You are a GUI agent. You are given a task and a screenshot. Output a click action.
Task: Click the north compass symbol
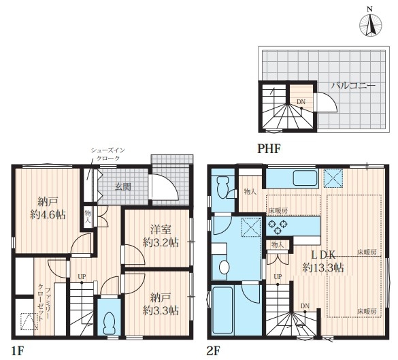pyautogui.click(x=370, y=25)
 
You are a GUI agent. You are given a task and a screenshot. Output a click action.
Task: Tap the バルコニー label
pyautogui.click(x=353, y=85)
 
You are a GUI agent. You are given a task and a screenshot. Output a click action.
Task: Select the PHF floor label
pyautogui.click(x=269, y=149)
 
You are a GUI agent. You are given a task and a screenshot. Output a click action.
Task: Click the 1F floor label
pyautogui.click(x=18, y=351)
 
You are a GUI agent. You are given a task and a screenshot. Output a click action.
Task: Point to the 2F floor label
pyautogui.click(x=213, y=351)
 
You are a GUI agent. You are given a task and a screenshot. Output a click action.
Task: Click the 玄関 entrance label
pyautogui.click(x=123, y=187)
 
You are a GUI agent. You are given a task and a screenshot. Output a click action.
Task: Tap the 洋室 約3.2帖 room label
pyautogui.click(x=161, y=236)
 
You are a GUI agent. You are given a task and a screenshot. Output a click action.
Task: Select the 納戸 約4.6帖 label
pyautogui.click(x=48, y=208)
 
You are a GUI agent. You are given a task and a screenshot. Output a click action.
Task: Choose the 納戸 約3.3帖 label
pyautogui.click(x=161, y=304)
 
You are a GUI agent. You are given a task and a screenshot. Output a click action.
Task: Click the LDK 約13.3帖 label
pyautogui.click(x=323, y=261)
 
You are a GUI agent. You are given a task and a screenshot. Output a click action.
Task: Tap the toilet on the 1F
pyautogui.click(x=110, y=323)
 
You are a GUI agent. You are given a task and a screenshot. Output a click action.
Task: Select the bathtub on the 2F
pyautogui.click(x=222, y=310)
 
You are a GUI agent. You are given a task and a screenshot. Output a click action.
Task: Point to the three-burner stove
pyautogui.click(x=278, y=226)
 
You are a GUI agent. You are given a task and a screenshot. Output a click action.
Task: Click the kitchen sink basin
pyautogui.click(x=305, y=178)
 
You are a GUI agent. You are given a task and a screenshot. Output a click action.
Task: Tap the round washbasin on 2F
pyautogui.click(x=224, y=267)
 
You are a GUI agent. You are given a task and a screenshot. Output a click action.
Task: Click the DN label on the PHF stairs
pyautogui.click(x=301, y=102)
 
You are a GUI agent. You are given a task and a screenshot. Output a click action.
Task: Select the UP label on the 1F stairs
pyautogui.click(x=82, y=276)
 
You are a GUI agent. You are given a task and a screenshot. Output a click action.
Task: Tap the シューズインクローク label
pyautogui.click(x=108, y=154)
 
